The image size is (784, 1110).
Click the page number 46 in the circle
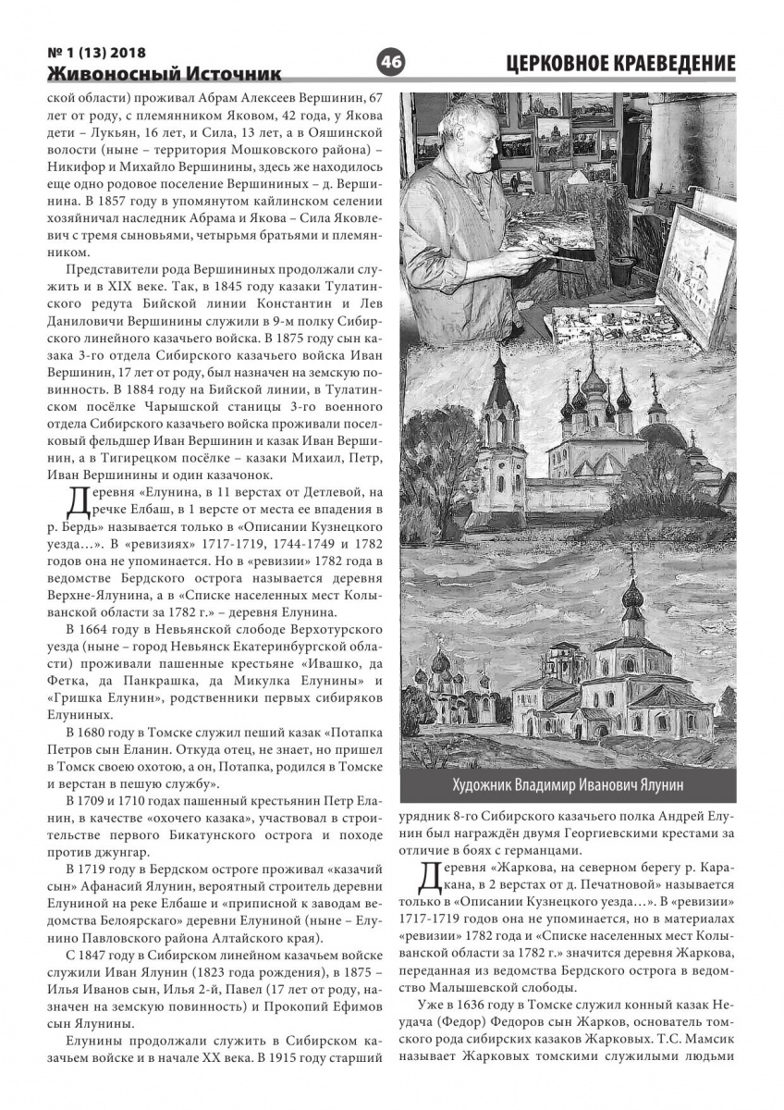click(391, 62)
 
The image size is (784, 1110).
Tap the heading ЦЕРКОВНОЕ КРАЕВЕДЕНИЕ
click(621, 63)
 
